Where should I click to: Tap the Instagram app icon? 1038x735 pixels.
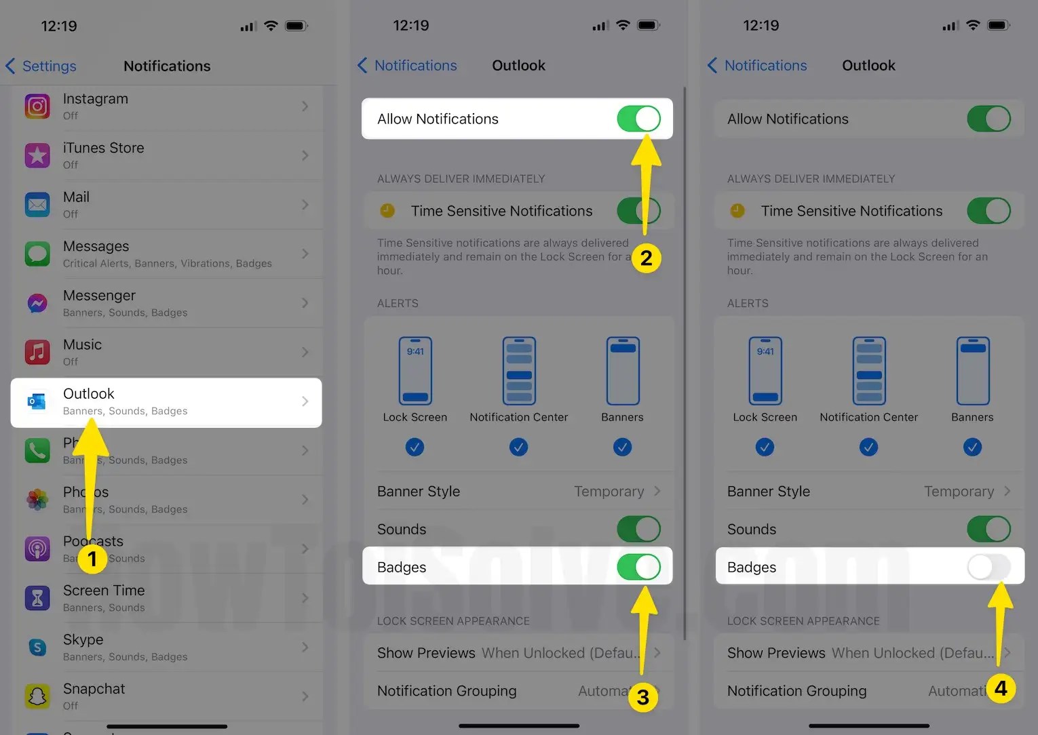tap(37, 106)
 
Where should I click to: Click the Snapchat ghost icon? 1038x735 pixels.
tap(37, 696)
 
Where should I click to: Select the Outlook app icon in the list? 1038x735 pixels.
tap(37, 401)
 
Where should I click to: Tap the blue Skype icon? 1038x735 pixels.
tap(37, 648)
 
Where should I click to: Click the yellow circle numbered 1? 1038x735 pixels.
tap(92, 559)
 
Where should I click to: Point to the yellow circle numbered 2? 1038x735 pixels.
tap(646, 258)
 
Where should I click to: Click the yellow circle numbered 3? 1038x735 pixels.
tap(642, 697)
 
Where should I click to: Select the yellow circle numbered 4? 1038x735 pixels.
tap(1001, 688)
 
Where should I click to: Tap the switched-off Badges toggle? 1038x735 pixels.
tap(988, 567)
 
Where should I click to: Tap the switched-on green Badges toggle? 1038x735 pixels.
tap(638, 567)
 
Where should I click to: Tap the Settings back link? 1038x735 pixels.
tap(41, 66)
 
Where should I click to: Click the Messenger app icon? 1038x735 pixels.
tap(37, 303)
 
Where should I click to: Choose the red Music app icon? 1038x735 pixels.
tap(37, 352)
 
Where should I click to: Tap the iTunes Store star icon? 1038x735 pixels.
tap(37, 155)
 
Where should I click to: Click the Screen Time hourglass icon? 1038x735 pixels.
tap(37, 598)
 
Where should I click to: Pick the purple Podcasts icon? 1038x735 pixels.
tap(37, 549)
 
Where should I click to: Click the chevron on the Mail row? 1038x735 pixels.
tap(305, 205)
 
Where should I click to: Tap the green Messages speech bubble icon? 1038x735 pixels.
tap(37, 254)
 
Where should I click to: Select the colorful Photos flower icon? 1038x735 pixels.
tap(37, 500)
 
